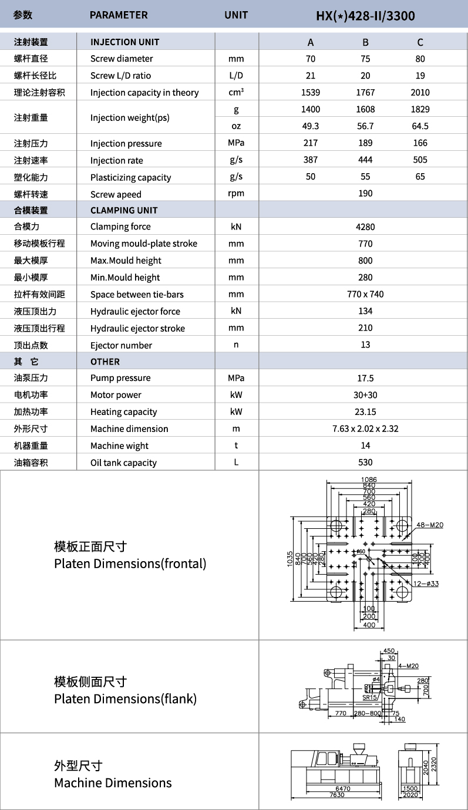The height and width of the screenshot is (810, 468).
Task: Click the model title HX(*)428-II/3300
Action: click(365, 15)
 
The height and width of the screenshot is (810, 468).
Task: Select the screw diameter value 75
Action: click(365, 59)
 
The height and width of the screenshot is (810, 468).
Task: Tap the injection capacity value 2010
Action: click(420, 92)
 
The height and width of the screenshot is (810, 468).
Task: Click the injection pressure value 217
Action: click(310, 143)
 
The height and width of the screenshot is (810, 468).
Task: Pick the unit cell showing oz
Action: click(236, 126)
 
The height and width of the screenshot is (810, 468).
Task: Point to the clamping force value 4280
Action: click(365, 227)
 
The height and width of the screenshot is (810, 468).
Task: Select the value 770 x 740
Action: click(365, 294)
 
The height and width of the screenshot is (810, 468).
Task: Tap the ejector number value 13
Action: click(365, 345)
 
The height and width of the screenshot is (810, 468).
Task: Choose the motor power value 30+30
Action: click(365, 395)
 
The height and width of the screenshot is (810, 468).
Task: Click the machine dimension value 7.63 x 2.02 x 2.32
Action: click(365, 428)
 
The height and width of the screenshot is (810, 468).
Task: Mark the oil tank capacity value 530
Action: click(365, 463)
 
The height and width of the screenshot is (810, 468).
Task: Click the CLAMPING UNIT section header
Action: click(124, 210)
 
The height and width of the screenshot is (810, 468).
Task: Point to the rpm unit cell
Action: click(236, 194)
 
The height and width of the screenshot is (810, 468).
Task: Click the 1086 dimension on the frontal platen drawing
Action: click(369, 480)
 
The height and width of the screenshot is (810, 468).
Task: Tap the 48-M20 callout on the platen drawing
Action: click(430, 525)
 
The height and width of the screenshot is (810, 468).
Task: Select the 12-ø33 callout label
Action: click(426, 583)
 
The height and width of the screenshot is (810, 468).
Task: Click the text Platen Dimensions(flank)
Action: click(125, 699)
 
